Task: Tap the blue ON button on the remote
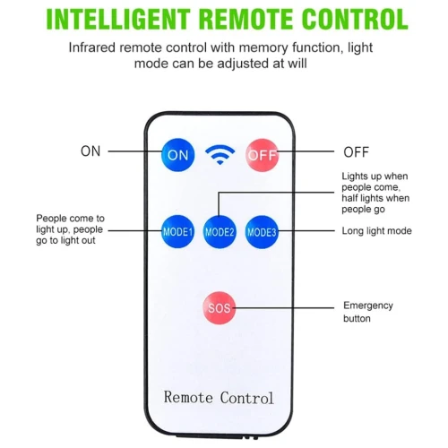[177, 155]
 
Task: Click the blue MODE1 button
[177, 232]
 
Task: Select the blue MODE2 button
[220, 232]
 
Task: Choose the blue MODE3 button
[262, 232]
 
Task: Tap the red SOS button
[220, 308]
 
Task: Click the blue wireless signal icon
[220, 154]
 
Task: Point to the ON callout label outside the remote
[90, 151]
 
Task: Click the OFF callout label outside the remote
[356, 152]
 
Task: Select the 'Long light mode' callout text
[376, 231]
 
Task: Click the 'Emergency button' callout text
[368, 312]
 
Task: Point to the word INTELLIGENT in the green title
[118, 19]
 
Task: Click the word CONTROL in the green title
[355, 19]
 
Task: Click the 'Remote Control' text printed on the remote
[219, 397]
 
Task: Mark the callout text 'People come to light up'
[70, 224]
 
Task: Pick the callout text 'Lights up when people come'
[375, 182]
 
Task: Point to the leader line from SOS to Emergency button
[284, 307]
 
